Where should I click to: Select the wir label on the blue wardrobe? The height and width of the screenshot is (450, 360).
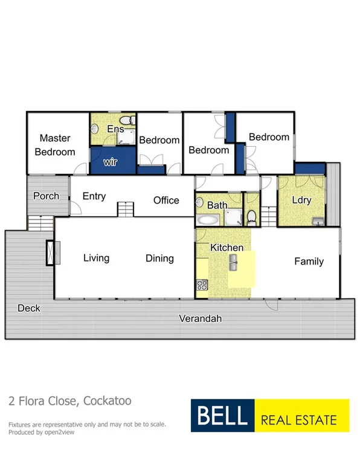[x=110, y=162]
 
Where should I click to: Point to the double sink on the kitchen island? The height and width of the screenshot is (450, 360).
[x=233, y=262]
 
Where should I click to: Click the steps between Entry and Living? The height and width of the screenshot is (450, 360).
[x=125, y=210]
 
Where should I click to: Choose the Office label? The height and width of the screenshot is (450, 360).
[x=166, y=200]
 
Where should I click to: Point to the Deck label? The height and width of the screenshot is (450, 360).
[x=28, y=308]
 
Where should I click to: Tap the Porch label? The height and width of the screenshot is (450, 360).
[x=46, y=196]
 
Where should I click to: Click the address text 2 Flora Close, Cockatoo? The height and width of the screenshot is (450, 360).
[x=69, y=400]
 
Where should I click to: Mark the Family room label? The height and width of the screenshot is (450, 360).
[x=309, y=262]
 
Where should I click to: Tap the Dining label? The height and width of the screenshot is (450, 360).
[x=159, y=259]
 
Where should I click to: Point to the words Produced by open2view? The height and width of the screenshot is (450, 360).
[x=42, y=432]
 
